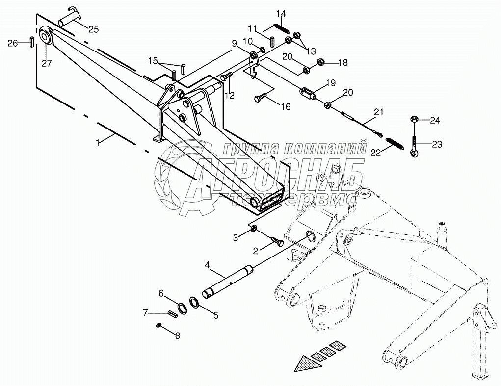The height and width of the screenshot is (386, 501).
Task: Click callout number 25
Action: [93, 29]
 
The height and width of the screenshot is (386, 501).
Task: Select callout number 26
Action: [12, 43]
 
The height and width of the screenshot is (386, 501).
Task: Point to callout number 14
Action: [280, 13]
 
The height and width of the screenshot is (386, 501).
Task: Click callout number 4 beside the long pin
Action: [207, 265]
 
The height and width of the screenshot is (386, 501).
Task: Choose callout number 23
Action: [437, 144]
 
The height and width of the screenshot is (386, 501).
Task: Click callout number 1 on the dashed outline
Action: [98, 142]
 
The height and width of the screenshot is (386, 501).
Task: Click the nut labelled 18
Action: [321, 62]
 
